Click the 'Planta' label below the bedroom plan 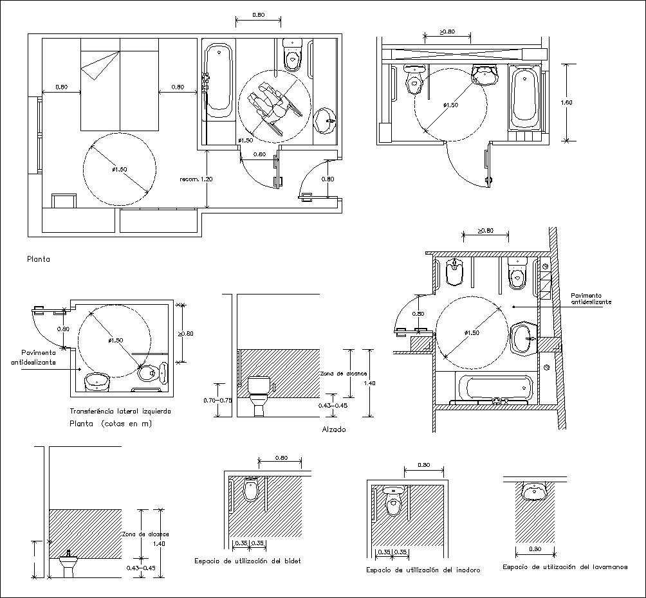(x=38, y=260)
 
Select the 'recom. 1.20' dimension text (x=196, y=179)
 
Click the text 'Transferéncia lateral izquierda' (x=120, y=411)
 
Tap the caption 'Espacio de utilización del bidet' (x=248, y=561)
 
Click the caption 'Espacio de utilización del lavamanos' (x=564, y=567)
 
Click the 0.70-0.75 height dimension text (x=217, y=400)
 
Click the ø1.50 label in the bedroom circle (x=120, y=169)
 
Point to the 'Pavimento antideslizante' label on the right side (x=591, y=299)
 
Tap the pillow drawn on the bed (x=97, y=66)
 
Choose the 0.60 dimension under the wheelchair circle (x=259, y=154)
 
